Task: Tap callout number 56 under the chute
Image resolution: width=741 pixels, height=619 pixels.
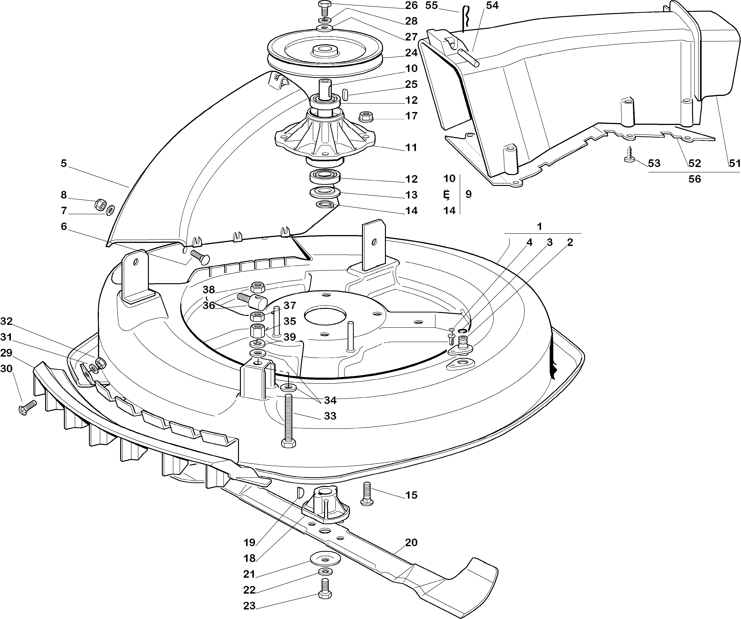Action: click(x=695, y=179)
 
